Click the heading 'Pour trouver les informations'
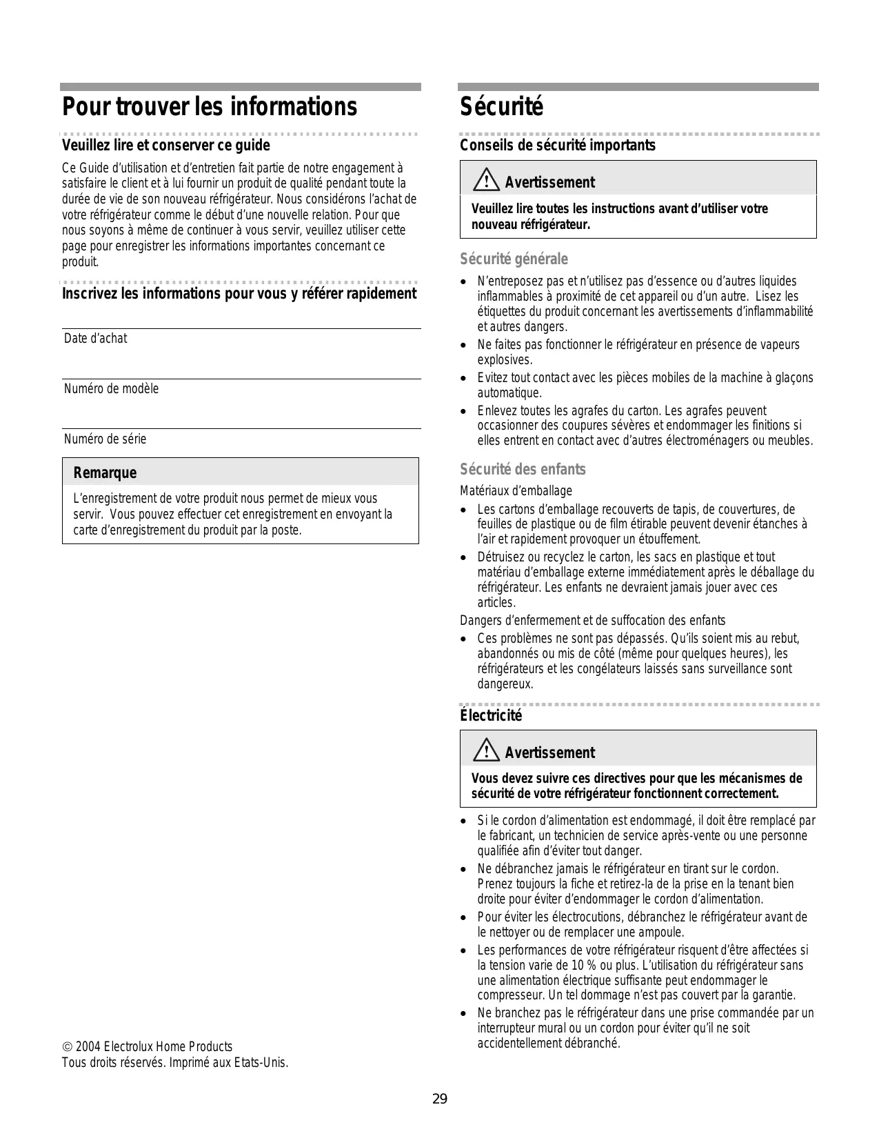pos(210,107)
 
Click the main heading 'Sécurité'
pos(502,107)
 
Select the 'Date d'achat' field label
pos(95,338)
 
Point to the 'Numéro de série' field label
pos(105,439)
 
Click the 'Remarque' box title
pos(105,472)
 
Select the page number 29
pos(440,1099)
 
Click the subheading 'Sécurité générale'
pos(514,259)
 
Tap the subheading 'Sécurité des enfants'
pos(523,469)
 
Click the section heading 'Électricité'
pos(491,715)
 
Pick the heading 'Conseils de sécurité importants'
pos(557,145)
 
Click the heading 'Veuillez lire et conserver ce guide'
pos(165,145)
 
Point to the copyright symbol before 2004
pos(66,1047)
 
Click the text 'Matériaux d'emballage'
pos(516,490)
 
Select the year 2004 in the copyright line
pos(88,1047)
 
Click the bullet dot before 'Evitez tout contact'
pos(463,378)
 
